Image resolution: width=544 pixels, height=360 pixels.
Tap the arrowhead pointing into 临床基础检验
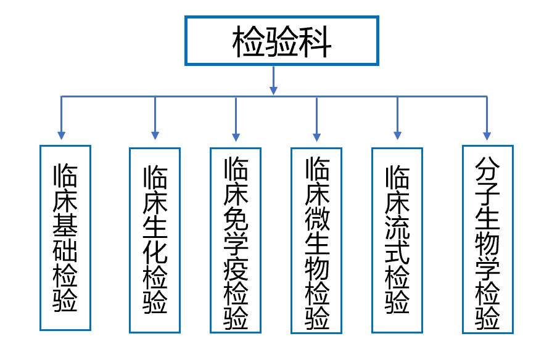(62, 136)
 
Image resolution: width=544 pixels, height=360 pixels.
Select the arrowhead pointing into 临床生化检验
(155, 136)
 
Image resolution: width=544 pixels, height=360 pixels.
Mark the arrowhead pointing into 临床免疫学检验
(236, 137)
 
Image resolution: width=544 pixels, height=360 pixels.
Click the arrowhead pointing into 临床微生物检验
(317, 137)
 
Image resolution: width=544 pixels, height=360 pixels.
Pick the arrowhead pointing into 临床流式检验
(398, 136)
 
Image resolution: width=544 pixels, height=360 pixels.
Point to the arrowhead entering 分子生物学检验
(487, 136)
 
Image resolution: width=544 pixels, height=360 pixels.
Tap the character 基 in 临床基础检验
(65, 225)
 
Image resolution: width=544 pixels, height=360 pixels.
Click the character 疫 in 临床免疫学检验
(236, 269)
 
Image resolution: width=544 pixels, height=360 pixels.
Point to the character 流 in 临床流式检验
(398, 227)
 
